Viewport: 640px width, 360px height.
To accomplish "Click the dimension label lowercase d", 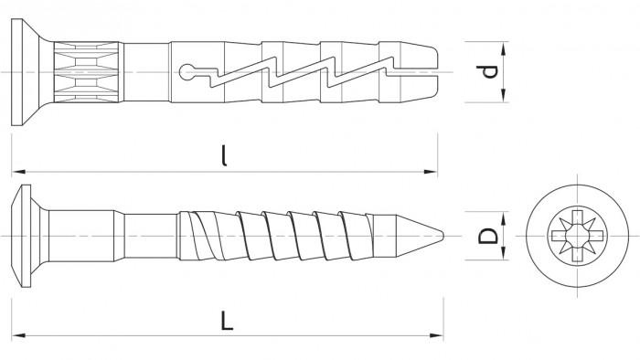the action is coord(487,72).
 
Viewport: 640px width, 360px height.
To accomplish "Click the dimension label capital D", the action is coord(487,236).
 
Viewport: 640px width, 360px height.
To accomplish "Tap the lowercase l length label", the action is coord(224,155).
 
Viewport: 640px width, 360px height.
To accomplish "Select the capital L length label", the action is coord(227,320).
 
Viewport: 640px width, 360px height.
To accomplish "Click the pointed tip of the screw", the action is coord(443,236).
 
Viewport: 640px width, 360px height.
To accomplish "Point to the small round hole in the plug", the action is coord(187,72).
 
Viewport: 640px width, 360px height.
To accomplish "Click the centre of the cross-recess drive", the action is coord(577,236).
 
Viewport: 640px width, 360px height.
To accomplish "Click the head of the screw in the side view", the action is coord(27,236).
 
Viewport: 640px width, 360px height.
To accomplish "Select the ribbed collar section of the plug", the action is coord(88,72).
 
